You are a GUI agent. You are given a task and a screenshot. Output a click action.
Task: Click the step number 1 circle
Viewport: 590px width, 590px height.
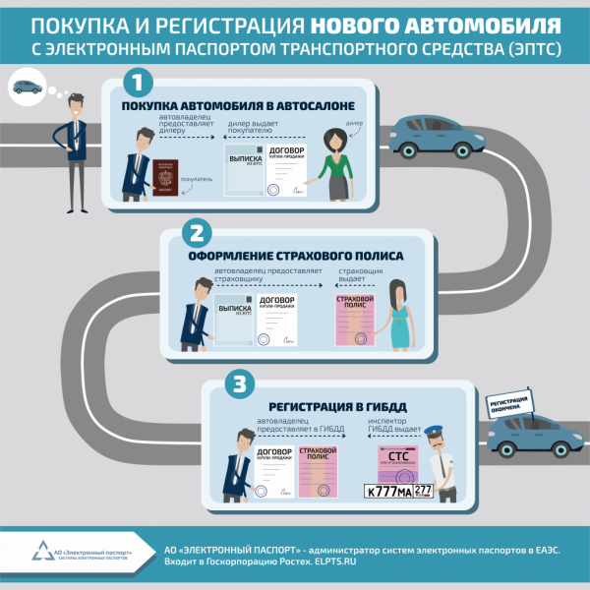pos(139,82)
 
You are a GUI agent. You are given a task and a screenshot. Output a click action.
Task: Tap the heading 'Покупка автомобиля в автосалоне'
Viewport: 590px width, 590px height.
pos(232,106)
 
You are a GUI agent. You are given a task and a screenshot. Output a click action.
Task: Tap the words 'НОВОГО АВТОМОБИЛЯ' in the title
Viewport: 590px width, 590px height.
pos(466,22)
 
